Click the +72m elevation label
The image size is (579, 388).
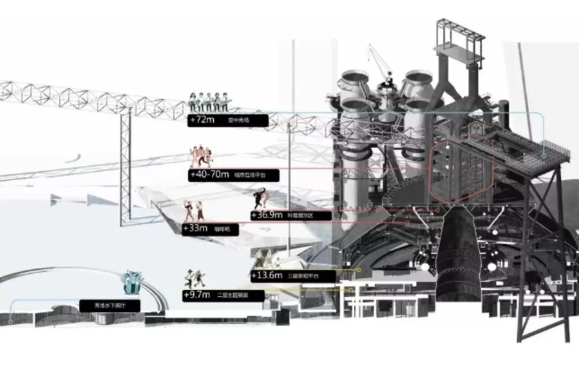202,120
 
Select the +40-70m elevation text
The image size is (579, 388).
209,175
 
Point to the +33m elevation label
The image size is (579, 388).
195,229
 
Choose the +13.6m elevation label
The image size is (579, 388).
267,276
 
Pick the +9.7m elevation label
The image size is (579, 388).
197,295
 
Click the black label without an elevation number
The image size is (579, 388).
110,306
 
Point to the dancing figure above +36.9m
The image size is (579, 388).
261,199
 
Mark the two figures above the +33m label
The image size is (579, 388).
194,211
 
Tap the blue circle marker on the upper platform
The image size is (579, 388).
544,156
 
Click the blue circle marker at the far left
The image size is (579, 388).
11,322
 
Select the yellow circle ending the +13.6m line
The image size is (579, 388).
359,270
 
